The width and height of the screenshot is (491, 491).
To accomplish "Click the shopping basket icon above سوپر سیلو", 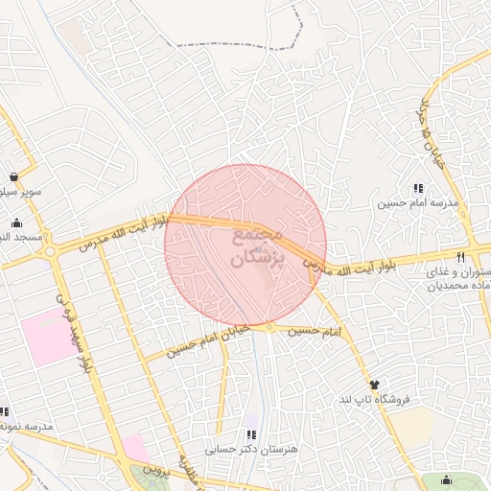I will click(14, 177).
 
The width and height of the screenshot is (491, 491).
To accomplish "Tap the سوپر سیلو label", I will click(19, 192).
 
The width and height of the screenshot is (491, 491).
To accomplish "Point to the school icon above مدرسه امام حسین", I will click(417, 189).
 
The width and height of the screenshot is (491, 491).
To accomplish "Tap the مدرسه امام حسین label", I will click(417, 203).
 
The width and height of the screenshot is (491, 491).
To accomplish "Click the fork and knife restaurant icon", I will click(461, 257).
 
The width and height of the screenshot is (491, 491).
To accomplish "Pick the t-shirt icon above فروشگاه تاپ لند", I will click(374, 385).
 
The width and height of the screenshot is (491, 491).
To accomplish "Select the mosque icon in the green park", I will click(445, 481).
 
